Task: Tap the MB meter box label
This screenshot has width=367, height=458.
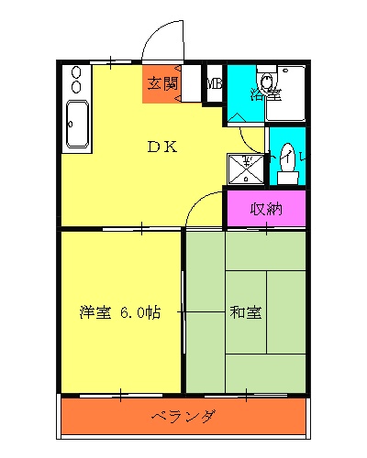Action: click(214, 84)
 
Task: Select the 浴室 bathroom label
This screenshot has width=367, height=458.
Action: click(266, 93)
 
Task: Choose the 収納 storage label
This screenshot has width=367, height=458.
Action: click(265, 208)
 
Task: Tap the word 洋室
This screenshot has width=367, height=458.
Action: click(95, 312)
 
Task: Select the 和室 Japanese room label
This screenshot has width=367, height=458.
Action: click(245, 312)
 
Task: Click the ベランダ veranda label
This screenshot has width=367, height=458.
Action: click(183, 418)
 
